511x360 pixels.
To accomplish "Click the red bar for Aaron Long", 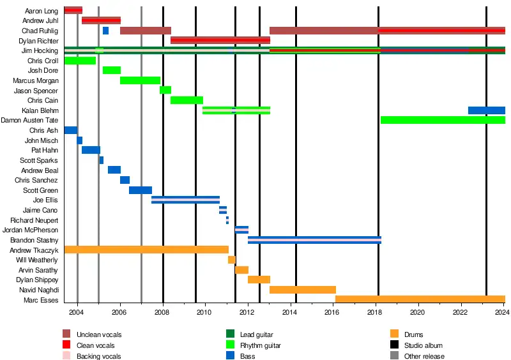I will [73, 10].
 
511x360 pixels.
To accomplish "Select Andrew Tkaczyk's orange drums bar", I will [146, 250].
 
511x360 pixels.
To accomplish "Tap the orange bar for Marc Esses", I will [420, 299].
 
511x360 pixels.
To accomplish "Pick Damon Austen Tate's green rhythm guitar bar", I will [443, 120].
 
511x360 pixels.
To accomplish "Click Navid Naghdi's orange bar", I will [303, 290].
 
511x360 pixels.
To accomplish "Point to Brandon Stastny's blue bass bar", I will [314, 240].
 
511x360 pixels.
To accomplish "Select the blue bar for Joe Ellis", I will [185, 200].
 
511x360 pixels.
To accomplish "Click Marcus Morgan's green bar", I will [140, 80].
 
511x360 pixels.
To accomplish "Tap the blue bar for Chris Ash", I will [71, 130].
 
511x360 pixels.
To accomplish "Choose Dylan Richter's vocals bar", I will [220, 40].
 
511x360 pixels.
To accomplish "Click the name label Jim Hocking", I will [40, 50].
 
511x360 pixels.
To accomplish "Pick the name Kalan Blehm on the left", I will [40, 110].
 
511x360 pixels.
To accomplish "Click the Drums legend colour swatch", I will [394, 334].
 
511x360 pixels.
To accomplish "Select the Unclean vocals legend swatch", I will [66, 334].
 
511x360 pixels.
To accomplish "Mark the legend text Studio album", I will [424, 345].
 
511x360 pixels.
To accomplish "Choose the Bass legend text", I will [247, 356].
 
